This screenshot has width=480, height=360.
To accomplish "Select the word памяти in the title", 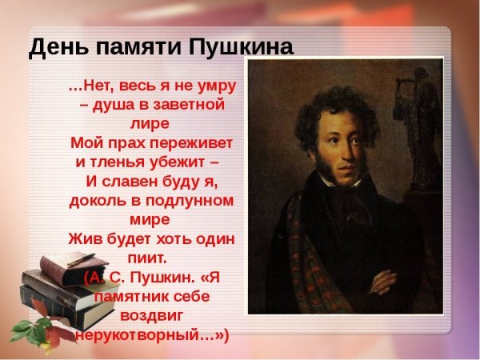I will (x=134, y=47).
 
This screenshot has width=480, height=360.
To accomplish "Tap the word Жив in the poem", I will (x=82, y=238).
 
